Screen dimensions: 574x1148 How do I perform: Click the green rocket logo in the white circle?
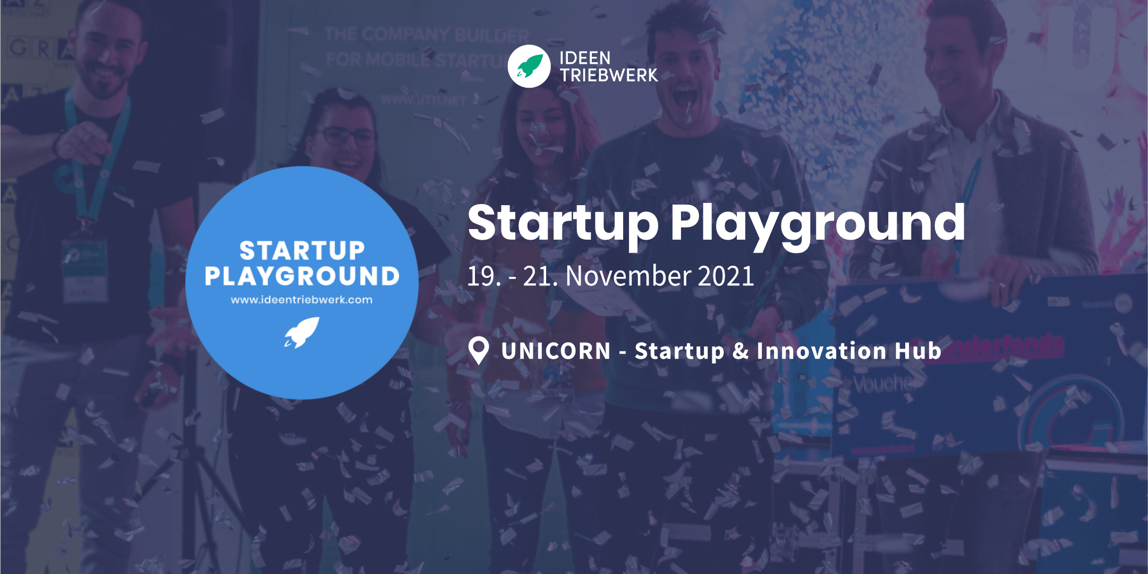click(529, 66)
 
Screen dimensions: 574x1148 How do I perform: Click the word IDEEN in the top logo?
click(585, 58)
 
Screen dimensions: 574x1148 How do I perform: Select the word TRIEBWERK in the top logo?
click(609, 75)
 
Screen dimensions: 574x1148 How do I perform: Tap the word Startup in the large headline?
click(563, 223)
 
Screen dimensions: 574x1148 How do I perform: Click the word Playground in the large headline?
click(818, 223)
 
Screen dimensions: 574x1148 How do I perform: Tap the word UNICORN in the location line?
click(556, 351)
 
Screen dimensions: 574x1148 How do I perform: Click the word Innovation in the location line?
click(821, 351)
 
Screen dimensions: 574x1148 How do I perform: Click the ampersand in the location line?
click(740, 351)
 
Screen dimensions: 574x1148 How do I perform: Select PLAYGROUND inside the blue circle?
click(302, 276)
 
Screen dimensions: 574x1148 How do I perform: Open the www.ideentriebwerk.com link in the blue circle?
click(302, 300)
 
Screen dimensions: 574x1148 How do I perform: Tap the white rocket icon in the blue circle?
click(302, 332)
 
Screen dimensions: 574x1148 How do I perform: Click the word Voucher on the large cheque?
click(885, 383)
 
